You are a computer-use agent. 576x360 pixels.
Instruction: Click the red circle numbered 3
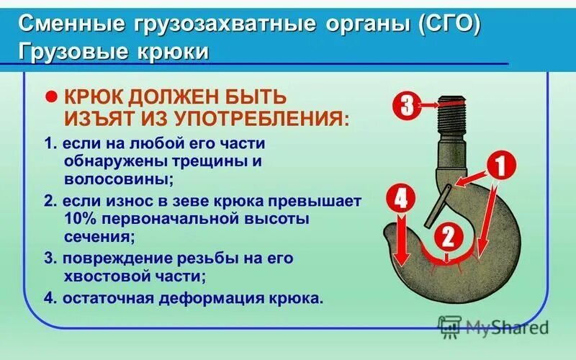pyautogui.click(x=407, y=106)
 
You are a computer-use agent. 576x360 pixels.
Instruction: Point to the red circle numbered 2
pyautogui.click(x=447, y=236)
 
